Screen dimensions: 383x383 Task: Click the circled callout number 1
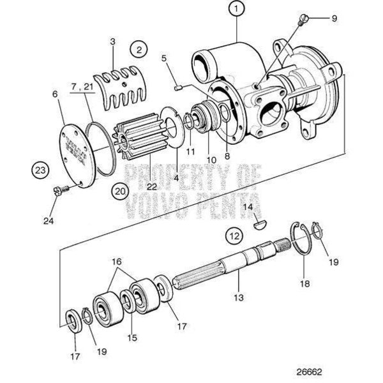(237, 9)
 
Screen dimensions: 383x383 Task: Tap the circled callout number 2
(139, 47)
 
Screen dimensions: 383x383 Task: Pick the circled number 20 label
(120, 190)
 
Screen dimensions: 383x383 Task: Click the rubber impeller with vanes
(135, 139)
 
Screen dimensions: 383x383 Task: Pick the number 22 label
(151, 186)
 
